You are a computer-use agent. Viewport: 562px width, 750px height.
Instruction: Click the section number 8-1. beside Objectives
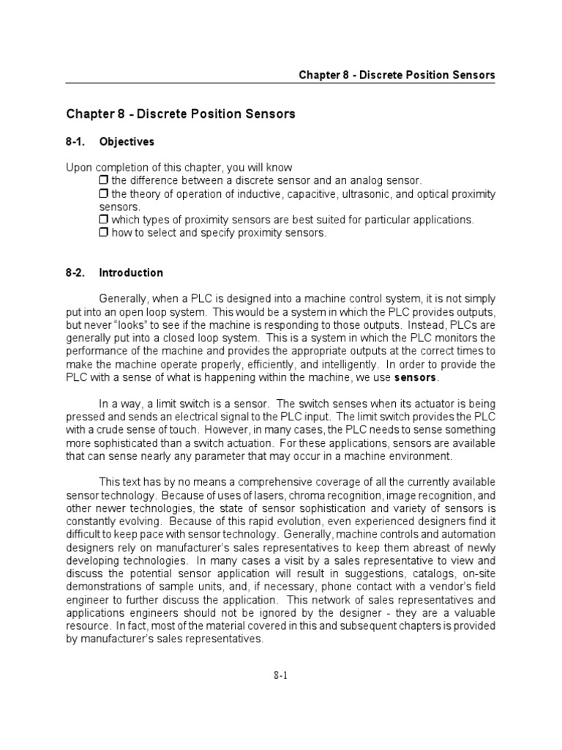[x=77, y=141]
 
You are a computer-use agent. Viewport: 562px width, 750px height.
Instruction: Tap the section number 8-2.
[x=77, y=272]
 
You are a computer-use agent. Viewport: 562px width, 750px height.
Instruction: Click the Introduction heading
[x=131, y=272]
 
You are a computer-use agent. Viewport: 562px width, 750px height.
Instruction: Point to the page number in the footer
[x=280, y=676]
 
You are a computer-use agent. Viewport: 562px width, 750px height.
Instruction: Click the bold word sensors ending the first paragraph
[x=415, y=378]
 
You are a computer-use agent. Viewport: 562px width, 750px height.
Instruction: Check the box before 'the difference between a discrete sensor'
[x=103, y=180]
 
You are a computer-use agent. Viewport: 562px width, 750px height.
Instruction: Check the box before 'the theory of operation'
[x=103, y=193]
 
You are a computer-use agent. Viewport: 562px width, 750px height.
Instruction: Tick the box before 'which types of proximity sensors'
[x=103, y=220]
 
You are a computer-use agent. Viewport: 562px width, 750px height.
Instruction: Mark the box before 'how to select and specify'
[x=103, y=233]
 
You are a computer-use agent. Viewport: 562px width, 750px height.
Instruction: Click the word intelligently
[x=342, y=365]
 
